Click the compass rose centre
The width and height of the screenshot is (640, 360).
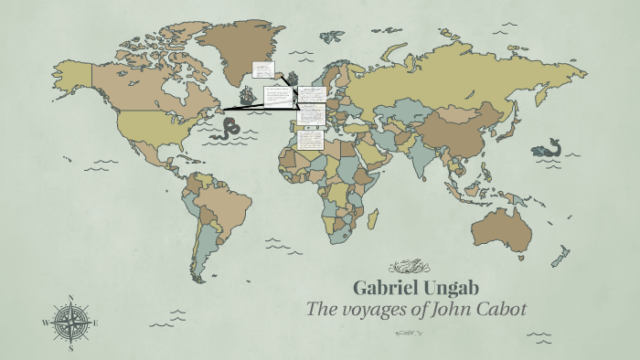coord(70,323)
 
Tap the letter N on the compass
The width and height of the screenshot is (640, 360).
coord(70,297)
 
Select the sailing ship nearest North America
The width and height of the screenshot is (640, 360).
coord(248,94)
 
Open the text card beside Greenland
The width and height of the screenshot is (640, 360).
coord(263,69)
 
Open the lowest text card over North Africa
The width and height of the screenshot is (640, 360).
coord(310,140)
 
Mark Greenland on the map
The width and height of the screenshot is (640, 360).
coord(238,46)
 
